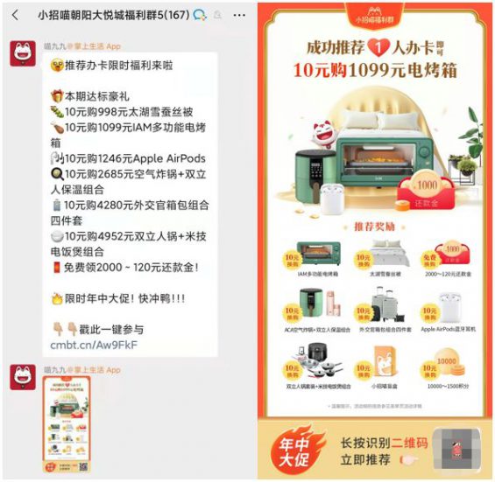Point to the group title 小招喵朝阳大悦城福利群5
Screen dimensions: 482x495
pyautogui.click(x=114, y=15)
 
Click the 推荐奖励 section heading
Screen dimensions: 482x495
pyautogui.click(x=375, y=227)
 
